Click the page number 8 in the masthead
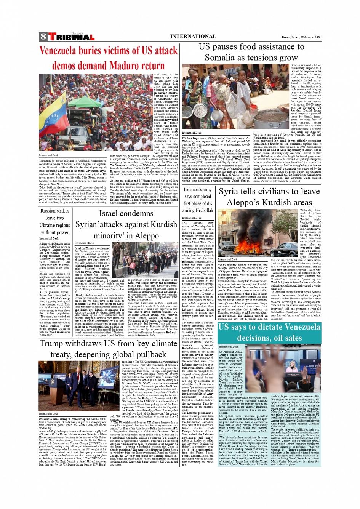tap(43, 37)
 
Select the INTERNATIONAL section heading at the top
tap(193, 37)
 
